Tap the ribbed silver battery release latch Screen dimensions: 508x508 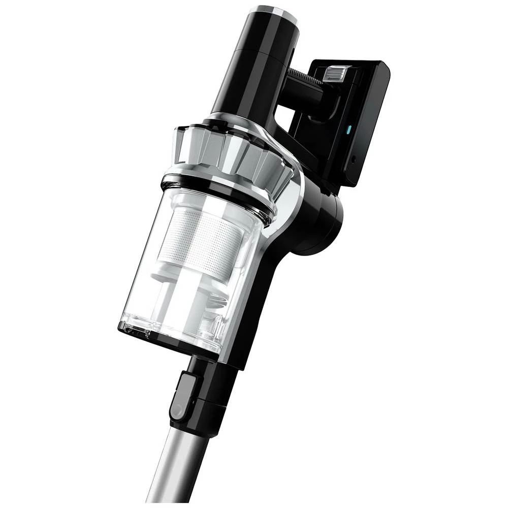[x=335, y=72]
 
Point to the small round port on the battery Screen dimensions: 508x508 [x=354, y=160]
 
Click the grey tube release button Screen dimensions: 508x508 [x=183, y=391]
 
